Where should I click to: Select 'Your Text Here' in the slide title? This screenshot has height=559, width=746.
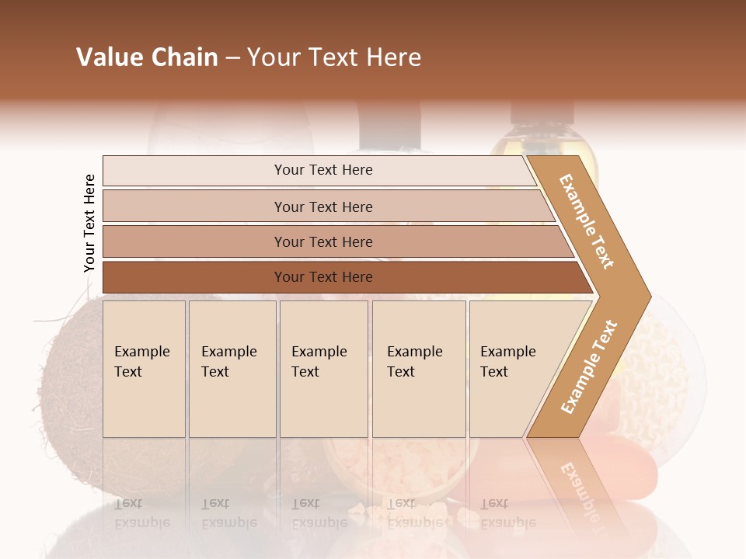(x=334, y=57)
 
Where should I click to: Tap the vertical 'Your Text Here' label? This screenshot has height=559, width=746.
(x=89, y=224)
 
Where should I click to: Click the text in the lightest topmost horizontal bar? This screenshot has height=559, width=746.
(x=323, y=170)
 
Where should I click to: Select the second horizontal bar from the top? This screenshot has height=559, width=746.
(x=323, y=207)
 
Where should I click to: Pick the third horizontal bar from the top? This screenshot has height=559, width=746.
(x=323, y=241)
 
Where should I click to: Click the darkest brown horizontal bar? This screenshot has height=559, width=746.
(x=323, y=277)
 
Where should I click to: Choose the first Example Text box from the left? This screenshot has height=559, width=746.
(x=144, y=369)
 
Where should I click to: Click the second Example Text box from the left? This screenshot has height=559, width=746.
(x=232, y=369)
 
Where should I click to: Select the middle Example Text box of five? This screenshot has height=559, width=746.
(x=323, y=369)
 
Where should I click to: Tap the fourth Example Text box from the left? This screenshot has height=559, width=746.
(x=419, y=369)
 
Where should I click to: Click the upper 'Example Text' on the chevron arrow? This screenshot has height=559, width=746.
(x=587, y=221)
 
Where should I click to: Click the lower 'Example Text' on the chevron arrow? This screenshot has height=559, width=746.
(x=589, y=366)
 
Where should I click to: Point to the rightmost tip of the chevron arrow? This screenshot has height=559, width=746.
(x=650, y=296)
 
